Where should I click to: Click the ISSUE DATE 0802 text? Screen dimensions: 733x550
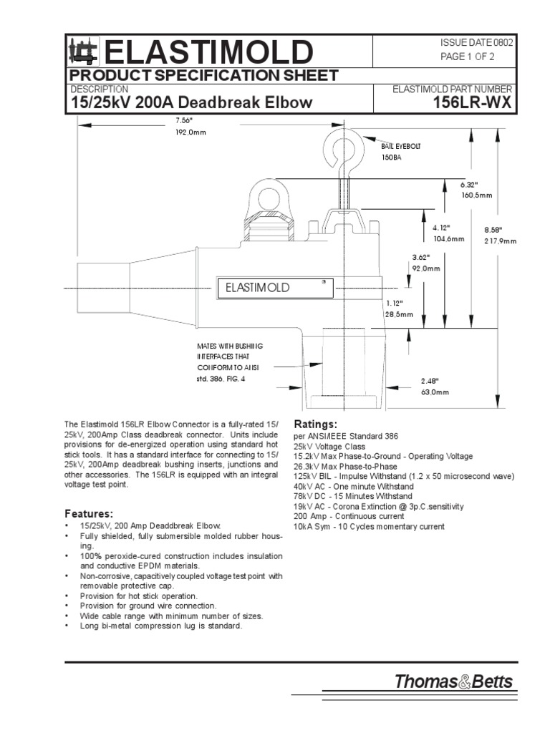[x=476, y=42]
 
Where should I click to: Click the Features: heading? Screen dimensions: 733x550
[x=89, y=514]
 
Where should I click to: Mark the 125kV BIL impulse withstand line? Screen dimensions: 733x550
[x=404, y=476]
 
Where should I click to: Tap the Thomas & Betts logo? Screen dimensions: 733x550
[x=453, y=681]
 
